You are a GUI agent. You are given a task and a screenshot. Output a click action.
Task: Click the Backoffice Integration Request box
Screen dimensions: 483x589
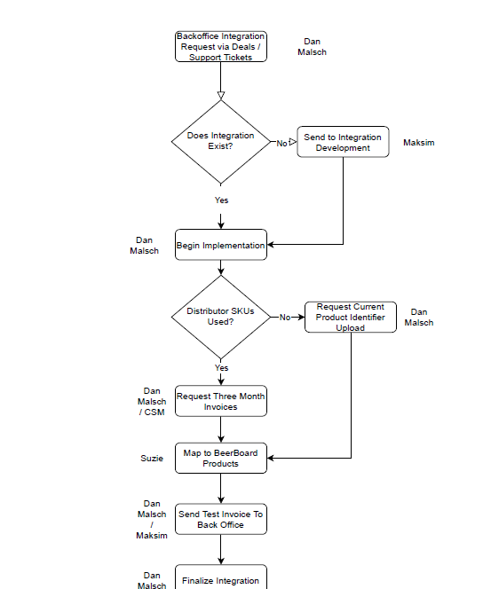221,47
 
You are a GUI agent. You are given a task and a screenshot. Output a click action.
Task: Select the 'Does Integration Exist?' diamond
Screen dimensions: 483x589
221,142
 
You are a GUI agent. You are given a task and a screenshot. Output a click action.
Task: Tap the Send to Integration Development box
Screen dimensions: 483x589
343,142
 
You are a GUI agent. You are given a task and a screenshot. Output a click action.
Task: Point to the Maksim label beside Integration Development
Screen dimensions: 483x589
419,143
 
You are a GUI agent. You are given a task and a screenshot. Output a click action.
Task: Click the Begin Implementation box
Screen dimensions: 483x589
221,245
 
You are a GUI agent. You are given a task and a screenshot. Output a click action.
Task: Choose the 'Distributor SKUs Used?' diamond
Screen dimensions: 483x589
221,317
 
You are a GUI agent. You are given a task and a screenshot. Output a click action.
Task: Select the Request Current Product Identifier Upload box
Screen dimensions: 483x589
351,317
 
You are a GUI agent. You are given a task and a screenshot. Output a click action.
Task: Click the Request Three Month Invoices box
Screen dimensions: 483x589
221,401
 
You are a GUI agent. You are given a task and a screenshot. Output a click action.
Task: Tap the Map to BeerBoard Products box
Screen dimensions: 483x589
221,459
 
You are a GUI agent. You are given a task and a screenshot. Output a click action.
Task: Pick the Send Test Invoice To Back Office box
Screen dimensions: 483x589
221,519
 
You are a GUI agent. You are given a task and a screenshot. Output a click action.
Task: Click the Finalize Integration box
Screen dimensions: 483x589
221,577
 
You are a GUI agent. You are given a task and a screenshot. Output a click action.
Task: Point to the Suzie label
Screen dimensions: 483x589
152,459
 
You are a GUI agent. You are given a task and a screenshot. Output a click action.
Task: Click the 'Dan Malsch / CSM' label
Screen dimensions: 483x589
152,402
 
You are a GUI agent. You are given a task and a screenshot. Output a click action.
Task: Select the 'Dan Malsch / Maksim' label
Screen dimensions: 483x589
152,520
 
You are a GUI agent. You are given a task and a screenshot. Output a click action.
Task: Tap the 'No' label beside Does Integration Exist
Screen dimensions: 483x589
282,144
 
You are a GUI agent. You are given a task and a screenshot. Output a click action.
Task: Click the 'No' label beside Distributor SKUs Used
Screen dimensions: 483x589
285,318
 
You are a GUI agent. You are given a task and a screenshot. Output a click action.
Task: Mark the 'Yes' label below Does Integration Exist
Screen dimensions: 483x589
221,200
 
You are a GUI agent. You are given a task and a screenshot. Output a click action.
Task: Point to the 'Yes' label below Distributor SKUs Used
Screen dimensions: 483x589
221,368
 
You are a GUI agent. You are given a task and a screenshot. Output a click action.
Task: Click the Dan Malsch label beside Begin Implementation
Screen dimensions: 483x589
145,246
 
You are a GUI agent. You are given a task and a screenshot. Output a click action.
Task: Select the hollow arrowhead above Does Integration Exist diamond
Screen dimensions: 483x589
221,96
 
